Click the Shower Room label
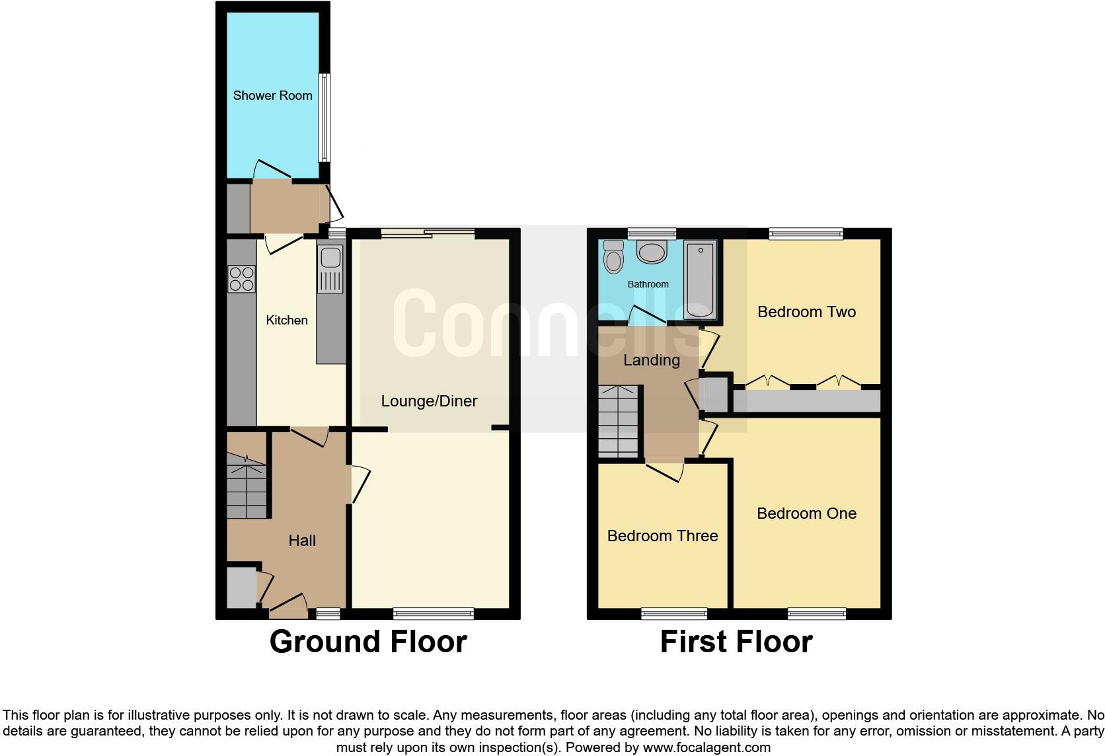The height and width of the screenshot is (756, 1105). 272,96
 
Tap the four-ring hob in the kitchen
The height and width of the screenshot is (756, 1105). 241,278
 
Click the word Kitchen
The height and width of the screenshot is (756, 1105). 286,321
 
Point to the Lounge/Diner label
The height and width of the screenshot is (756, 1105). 429,401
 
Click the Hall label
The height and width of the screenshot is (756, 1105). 302,541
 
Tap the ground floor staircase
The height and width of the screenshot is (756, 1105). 247,486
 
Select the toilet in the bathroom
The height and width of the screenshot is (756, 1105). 613,257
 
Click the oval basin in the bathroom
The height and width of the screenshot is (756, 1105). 652,252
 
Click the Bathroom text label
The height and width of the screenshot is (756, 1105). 648,284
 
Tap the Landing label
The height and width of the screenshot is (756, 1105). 652,360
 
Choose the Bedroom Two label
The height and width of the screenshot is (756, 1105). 806,312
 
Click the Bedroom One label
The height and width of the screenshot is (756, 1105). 806,513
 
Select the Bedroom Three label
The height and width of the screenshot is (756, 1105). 662,536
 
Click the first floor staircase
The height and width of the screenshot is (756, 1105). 619,422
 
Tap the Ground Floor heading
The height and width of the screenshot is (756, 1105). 368,642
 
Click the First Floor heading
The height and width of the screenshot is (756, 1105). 736,642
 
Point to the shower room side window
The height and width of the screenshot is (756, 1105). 324,118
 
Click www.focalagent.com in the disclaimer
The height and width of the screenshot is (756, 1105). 706,748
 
